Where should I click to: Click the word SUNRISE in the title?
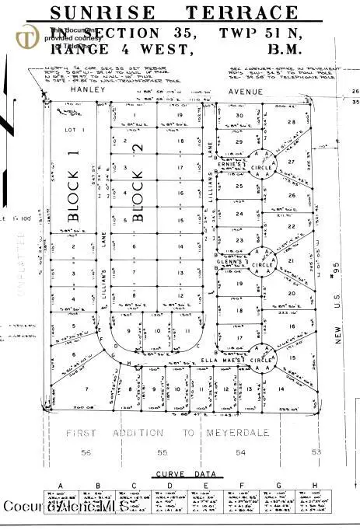point(104,13)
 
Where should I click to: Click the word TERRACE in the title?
point(242,13)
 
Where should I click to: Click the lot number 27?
point(292,161)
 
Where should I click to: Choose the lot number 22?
point(292,225)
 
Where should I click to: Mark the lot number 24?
point(239,213)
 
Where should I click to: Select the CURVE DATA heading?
point(180,473)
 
